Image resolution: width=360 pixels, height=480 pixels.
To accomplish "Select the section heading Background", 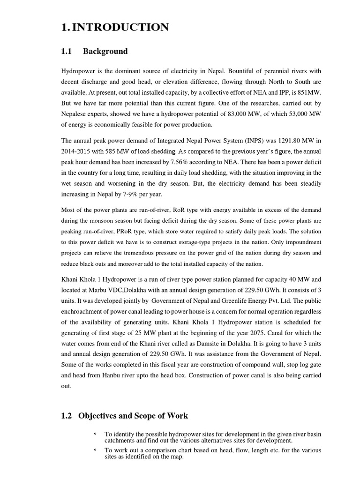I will [x=105, y=51].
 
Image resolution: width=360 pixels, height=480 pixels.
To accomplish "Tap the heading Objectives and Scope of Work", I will [x=133, y=415].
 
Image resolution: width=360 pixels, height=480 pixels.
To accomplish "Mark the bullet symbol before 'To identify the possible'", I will [x=95, y=434].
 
